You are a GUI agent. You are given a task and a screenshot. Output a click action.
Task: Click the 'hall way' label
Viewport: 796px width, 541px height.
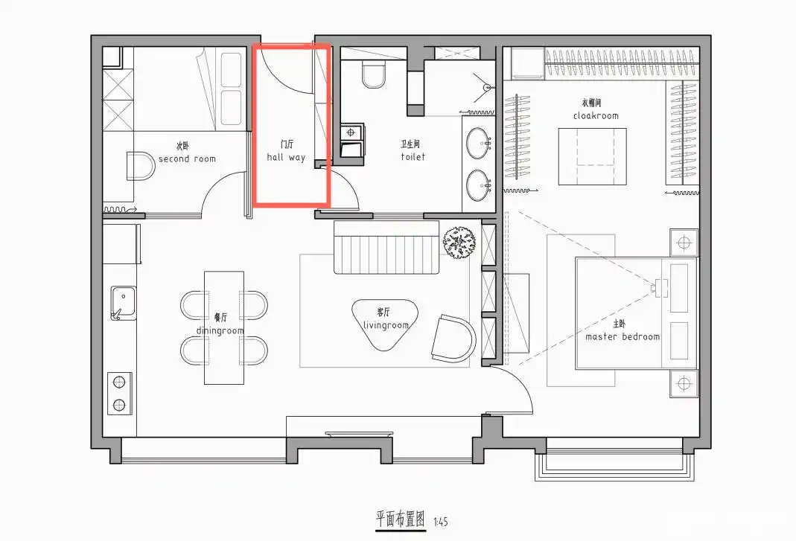click(x=286, y=158)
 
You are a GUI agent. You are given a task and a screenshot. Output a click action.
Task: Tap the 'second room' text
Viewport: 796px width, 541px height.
click(x=187, y=159)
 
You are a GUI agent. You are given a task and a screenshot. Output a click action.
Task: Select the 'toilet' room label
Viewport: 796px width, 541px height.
click(x=413, y=157)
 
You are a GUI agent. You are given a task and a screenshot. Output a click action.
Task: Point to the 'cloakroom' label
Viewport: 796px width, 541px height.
click(x=596, y=115)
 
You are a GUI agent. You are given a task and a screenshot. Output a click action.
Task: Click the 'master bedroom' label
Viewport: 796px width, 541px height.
click(x=623, y=336)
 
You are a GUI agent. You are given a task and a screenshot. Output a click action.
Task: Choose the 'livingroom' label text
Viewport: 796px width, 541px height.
click(x=386, y=325)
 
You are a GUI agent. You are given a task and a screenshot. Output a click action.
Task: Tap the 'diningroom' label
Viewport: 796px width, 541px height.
click(x=220, y=330)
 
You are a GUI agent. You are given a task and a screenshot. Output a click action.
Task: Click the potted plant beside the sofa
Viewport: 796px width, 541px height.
click(x=459, y=242)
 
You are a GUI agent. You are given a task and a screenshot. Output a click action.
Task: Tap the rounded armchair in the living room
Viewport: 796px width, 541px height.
click(x=454, y=339)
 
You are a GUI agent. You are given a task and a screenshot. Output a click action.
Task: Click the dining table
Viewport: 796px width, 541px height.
click(x=224, y=327)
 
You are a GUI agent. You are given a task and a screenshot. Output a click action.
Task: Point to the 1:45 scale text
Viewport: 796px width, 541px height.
click(x=441, y=522)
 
